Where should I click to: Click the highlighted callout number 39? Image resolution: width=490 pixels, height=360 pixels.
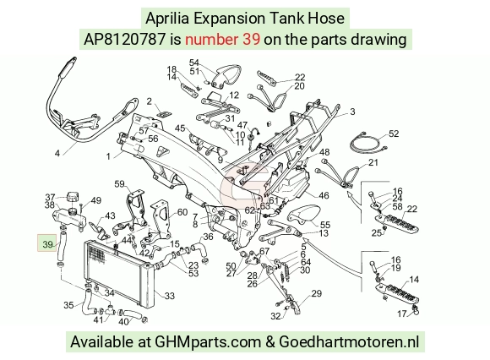[47, 244]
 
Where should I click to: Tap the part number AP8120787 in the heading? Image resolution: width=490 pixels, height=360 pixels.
[124, 40]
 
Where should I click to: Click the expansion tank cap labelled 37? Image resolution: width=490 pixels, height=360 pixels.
[73, 198]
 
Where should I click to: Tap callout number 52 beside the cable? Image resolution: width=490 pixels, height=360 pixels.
[394, 134]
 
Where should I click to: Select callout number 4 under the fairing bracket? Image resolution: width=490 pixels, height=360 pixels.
[57, 154]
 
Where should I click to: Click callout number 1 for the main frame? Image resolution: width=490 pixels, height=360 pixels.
[108, 156]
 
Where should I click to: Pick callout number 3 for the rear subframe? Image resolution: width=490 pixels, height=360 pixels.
[352, 112]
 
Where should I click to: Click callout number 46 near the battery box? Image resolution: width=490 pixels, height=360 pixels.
[324, 195]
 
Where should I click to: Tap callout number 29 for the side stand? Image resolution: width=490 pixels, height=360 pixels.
[316, 293]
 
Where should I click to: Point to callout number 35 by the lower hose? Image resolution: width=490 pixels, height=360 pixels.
[68, 305]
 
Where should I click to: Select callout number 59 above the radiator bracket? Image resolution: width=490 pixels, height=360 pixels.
[119, 183]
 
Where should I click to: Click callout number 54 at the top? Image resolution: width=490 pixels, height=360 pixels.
[194, 63]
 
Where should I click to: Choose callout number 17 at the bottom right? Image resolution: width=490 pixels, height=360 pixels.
[402, 314]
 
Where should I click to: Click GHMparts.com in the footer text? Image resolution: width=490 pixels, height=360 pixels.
[208, 342]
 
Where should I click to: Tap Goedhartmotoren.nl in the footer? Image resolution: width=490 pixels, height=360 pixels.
[349, 341]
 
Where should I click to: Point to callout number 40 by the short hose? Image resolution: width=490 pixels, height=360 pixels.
[123, 321]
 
